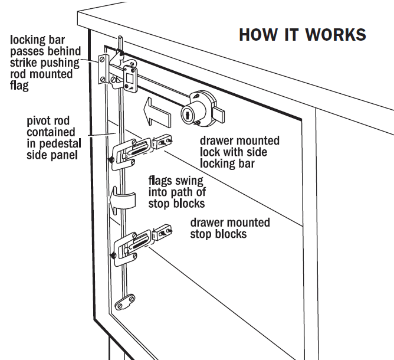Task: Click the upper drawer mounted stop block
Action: (x=163, y=142)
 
